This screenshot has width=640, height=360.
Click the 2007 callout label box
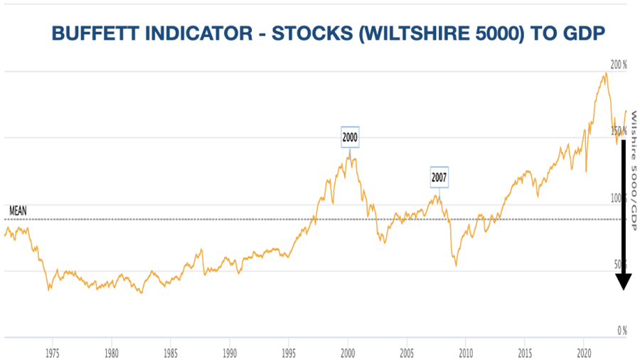[x=439, y=177]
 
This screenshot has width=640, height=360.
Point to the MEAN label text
[x=18, y=211]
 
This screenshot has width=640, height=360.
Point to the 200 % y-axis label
[x=619, y=65]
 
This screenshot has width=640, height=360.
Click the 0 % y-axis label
[x=622, y=330]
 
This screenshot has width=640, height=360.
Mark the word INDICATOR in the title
[x=174, y=33]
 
